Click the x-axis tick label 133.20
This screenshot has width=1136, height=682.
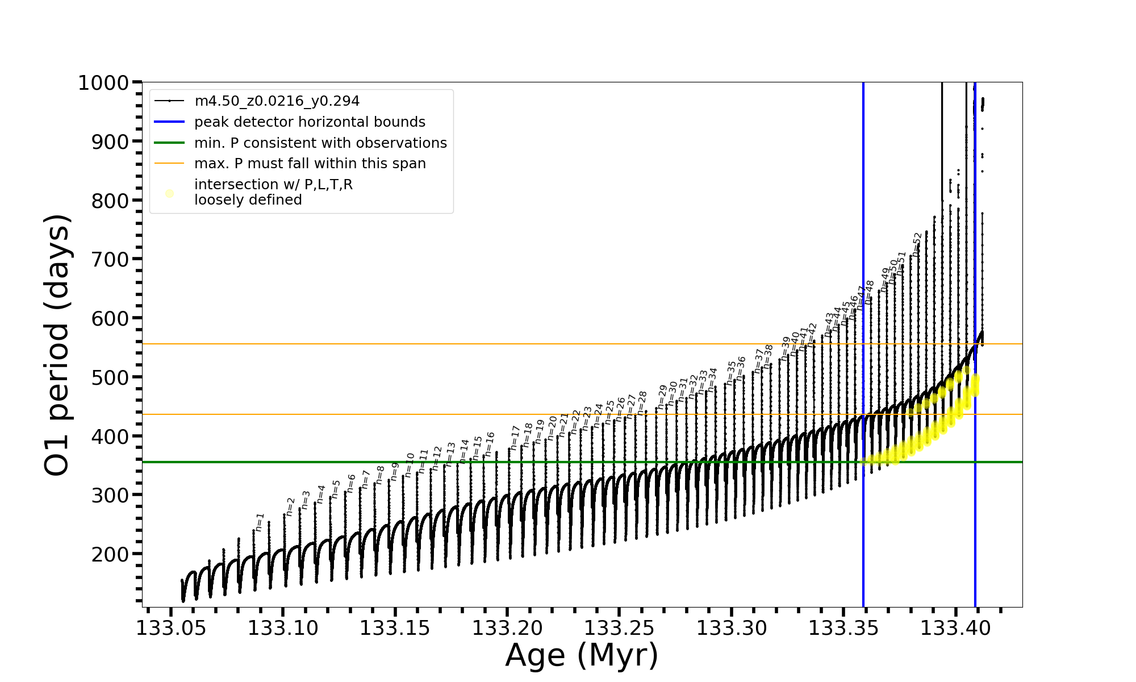pos(507,628)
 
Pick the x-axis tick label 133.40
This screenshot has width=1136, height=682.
pos(955,628)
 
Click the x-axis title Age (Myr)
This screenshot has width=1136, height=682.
pos(582,655)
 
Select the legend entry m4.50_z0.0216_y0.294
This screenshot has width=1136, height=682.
pos(277,101)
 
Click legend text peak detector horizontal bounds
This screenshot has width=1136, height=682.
pos(310,122)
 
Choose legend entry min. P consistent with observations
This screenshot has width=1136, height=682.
pos(320,143)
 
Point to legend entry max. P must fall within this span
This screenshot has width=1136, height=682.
pos(310,164)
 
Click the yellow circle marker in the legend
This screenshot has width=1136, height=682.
pos(169,194)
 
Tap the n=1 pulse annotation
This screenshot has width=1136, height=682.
pos(260,522)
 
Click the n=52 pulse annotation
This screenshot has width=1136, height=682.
pos(917,244)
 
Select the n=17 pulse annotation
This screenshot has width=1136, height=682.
pos(515,438)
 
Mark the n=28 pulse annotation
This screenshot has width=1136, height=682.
pos(642,402)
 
